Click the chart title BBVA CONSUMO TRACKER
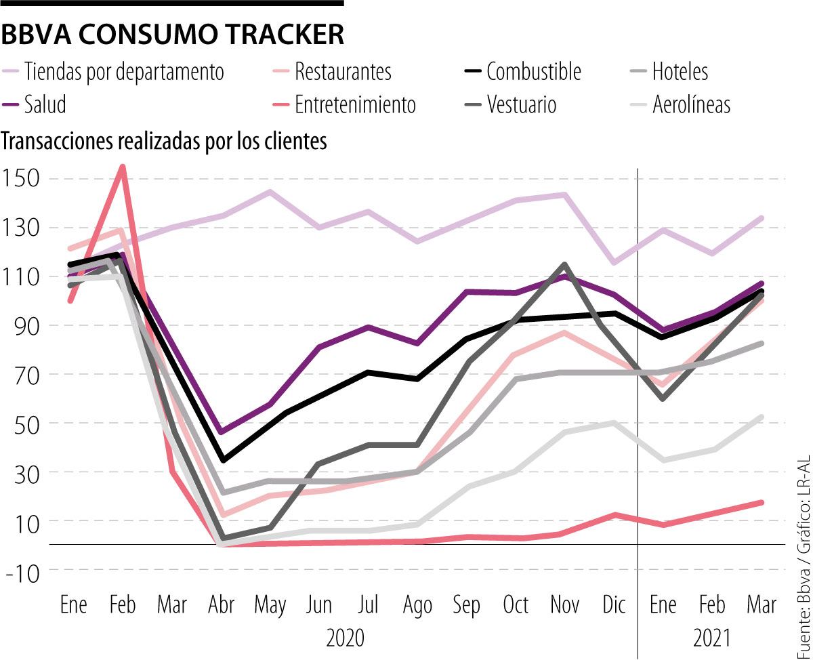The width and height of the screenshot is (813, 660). pyautogui.click(x=173, y=35)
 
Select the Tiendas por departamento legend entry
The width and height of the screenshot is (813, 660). pyautogui.click(x=124, y=70)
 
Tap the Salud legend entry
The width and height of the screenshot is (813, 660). pyautogui.click(x=45, y=104)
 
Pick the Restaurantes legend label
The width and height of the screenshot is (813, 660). pyautogui.click(x=343, y=70)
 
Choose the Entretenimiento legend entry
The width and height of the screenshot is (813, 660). pyautogui.click(x=356, y=104)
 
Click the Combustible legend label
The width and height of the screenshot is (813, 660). pyautogui.click(x=534, y=70)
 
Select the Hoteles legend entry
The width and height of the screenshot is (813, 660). pyautogui.click(x=680, y=70)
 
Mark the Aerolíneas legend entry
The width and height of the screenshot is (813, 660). pyautogui.click(x=692, y=104)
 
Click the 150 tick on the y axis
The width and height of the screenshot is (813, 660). pyautogui.click(x=22, y=179)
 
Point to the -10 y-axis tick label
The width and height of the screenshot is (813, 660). pyautogui.click(x=22, y=570)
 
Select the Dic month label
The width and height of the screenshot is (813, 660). pyautogui.click(x=614, y=605)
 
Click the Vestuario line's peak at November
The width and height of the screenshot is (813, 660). pyautogui.click(x=564, y=264)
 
